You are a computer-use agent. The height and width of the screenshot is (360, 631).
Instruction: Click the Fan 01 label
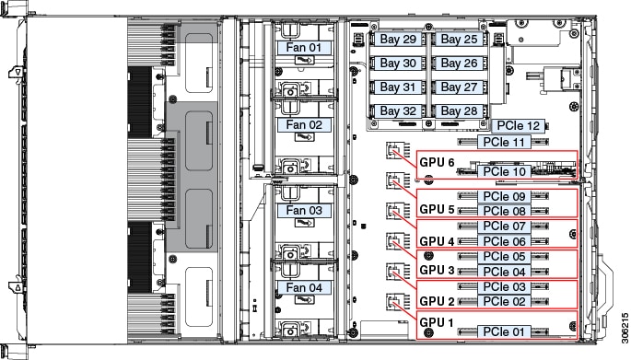pyautogui.click(x=301, y=45)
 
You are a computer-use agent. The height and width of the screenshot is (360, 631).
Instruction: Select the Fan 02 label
pyautogui.click(x=303, y=123)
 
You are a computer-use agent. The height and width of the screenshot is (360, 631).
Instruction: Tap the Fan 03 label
pyautogui.click(x=303, y=210)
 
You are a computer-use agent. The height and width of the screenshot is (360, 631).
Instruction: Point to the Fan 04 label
pyautogui.click(x=303, y=287)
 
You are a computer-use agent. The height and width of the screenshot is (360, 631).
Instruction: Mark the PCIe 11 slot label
pyautogui.click(x=505, y=142)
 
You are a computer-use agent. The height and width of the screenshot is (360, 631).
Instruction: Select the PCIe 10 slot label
pyautogui.click(x=505, y=171)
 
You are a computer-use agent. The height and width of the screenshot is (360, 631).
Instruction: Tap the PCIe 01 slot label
pyautogui.click(x=505, y=331)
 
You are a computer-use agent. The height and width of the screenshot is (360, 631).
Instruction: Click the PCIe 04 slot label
pyautogui.click(x=505, y=272)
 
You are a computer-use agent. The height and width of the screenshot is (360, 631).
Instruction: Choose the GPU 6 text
pyautogui.click(x=438, y=163)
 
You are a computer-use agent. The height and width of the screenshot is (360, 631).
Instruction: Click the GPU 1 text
pyautogui.click(x=438, y=322)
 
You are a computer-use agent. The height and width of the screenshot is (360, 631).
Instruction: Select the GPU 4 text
pyautogui.click(x=438, y=241)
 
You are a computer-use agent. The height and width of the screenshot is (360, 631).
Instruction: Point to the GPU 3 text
pyautogui.click(x=438, y=271)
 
